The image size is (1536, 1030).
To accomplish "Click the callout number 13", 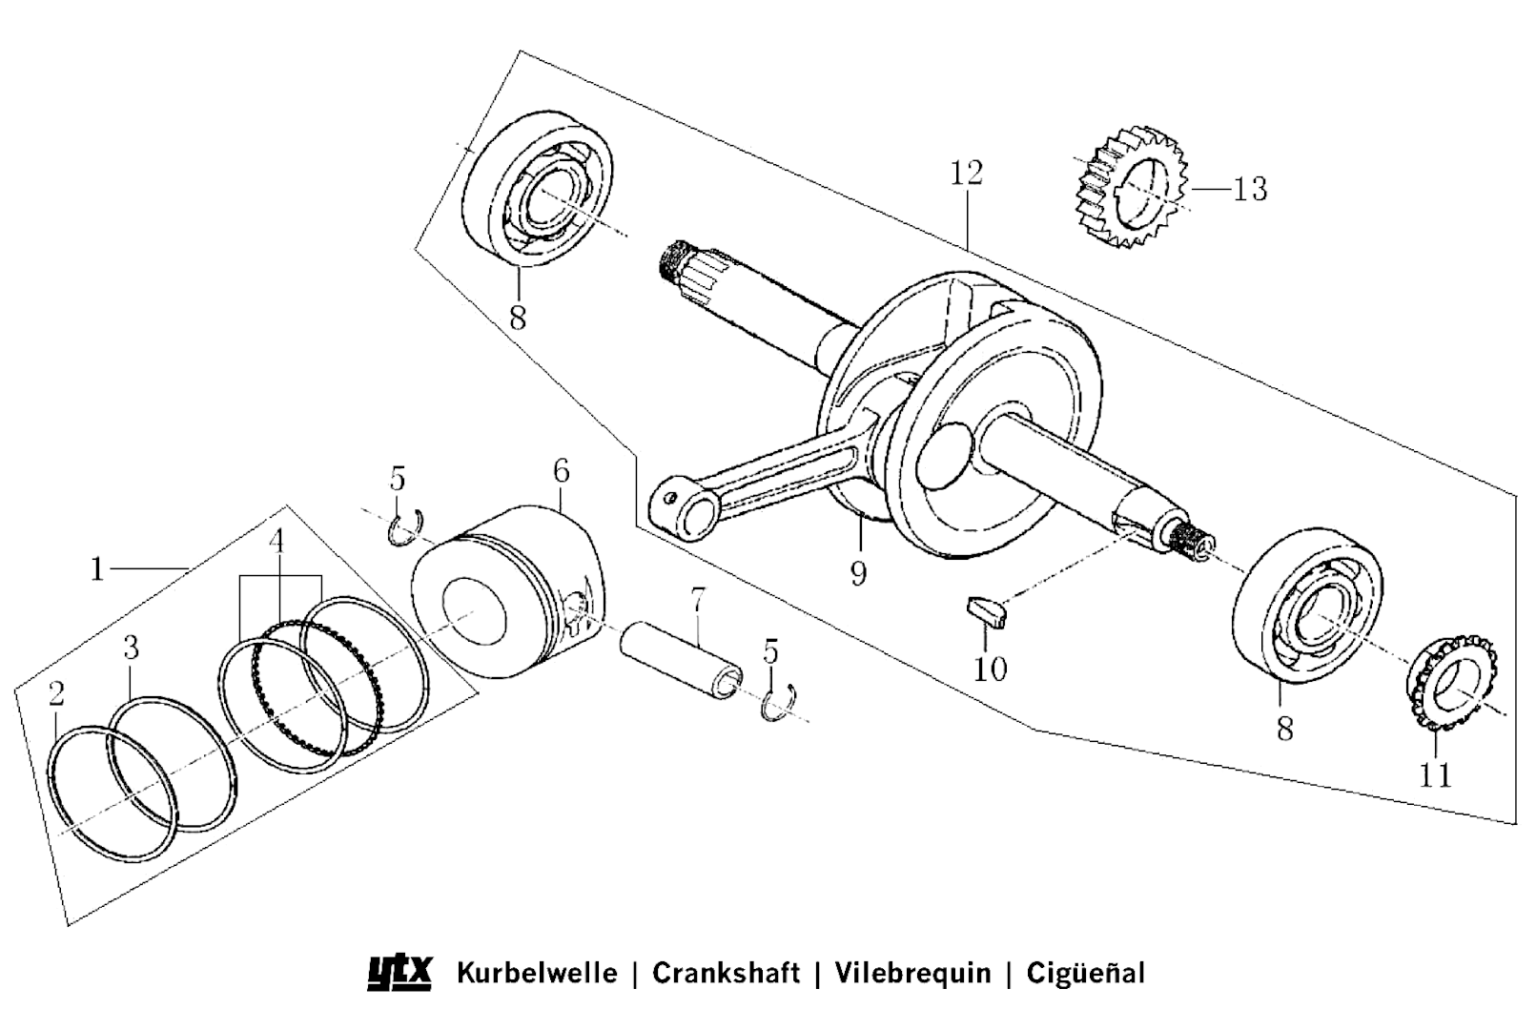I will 1250,189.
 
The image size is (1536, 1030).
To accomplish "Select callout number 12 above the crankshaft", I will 966,173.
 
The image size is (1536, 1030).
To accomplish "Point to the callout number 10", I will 991,669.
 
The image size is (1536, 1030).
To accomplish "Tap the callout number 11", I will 1435,774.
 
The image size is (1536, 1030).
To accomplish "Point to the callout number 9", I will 858,573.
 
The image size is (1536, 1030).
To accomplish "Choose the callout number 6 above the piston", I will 561,470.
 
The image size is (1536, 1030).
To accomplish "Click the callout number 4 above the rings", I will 276,542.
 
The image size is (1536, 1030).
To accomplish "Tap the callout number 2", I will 56,693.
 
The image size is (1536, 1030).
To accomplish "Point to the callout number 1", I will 96,569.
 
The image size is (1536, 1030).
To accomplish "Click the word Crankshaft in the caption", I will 726,973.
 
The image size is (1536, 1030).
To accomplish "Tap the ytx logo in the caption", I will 399,973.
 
